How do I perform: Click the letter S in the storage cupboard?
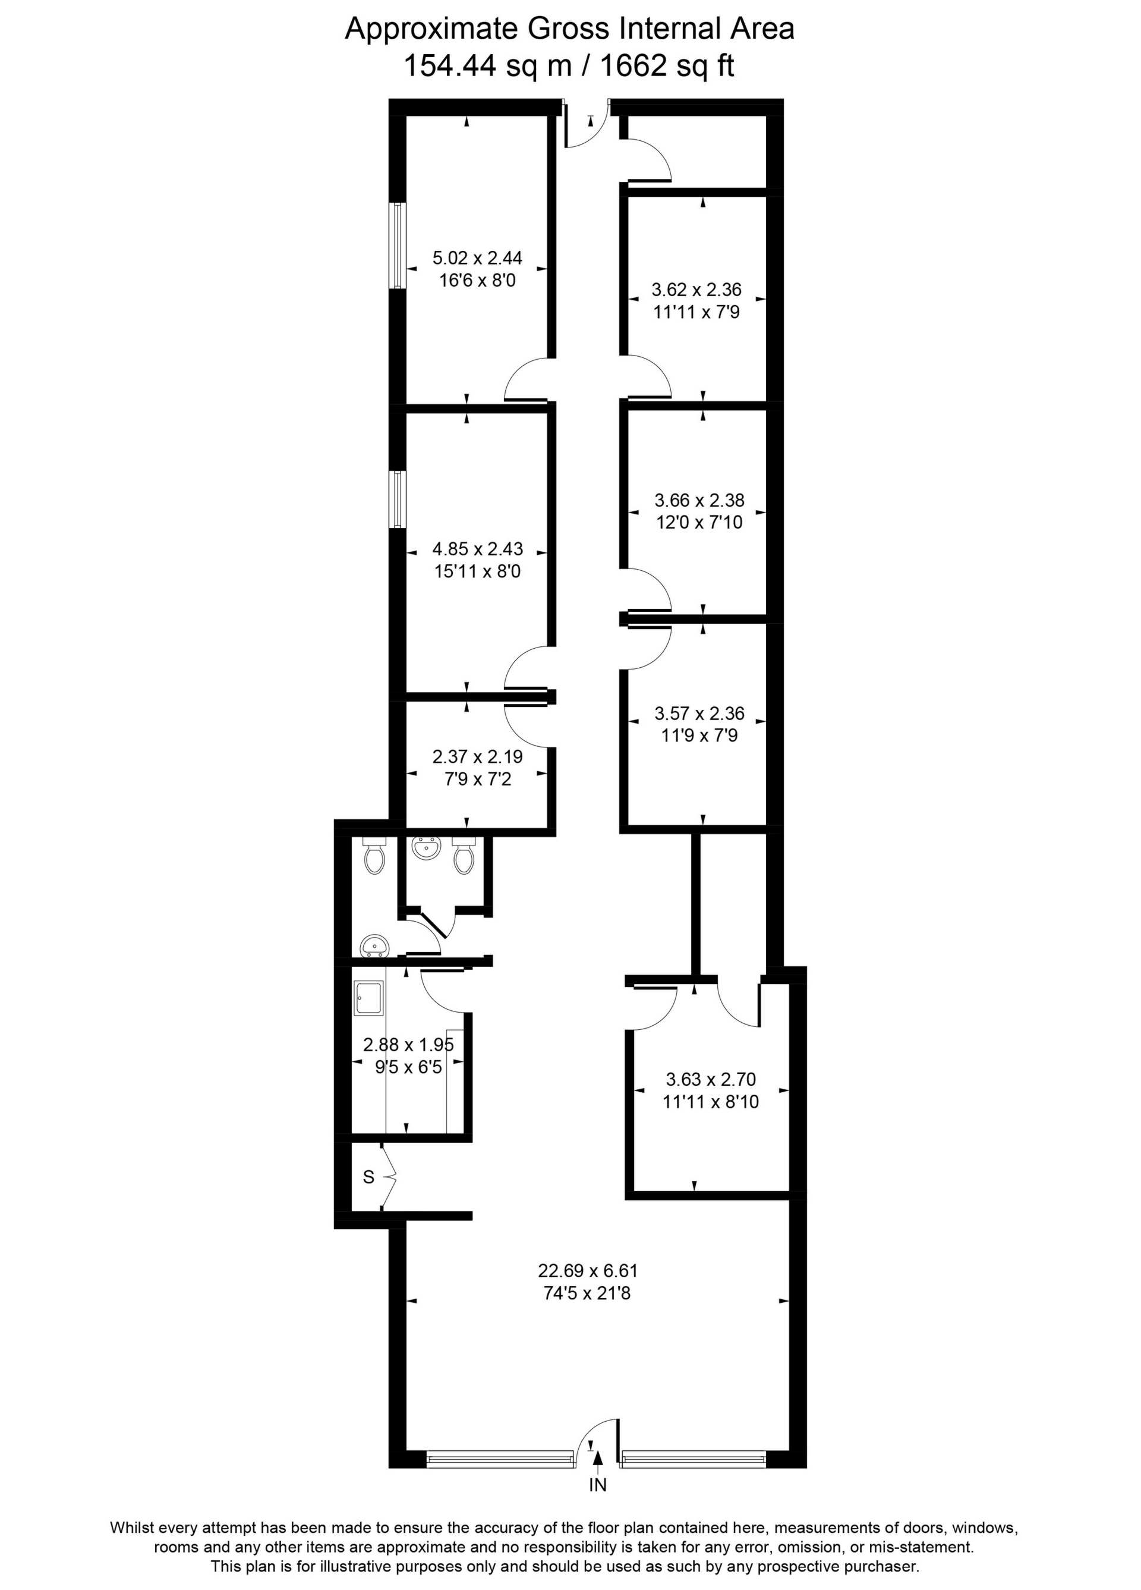(368, 1178)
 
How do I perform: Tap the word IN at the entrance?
(597, 1485)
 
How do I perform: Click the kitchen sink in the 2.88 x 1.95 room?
(368, 998)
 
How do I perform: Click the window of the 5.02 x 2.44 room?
(398, 246)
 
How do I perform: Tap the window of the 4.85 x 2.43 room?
(398, 499)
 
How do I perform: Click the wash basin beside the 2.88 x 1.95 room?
(375, 947)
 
